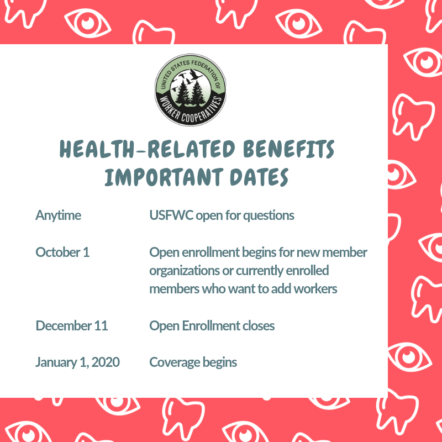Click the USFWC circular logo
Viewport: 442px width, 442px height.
pyautogui.click(x=190, y=90)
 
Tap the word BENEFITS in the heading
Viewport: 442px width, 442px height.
pyautogui.click(x=288, y=149)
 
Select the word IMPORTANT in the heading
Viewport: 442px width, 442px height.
pyautogui.click(x=164, y=177)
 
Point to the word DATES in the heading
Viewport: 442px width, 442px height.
pyautogui.click(x=259, y=177)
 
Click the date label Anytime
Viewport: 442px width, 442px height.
pyautogui.click(x=59, y=215)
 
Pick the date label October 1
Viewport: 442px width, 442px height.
pyautogui.click(x=62, y=252)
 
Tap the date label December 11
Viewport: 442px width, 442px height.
pyautogui.click(x=72, y=325)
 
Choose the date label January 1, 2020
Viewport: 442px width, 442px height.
pyautogui.click(x=77, y=362)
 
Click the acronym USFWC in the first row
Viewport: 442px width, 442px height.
pyautogui.click(x=171, y=215)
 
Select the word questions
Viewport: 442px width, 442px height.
pyautogui.click(x=269, y=216)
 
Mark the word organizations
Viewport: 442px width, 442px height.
pyautogui.click(x=185, y=271)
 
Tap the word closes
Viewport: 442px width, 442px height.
pyautogui.click(x=259, y=325)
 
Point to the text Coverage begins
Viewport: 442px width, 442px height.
pyautogui.click(x=193, y=362)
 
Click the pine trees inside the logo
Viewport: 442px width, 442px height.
pyautogui.click(x=190, y=92)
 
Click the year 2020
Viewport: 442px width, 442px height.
pyautogui.click(x=106, y=362)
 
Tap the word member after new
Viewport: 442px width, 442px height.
pyautogui.click(x=344, y=252)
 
